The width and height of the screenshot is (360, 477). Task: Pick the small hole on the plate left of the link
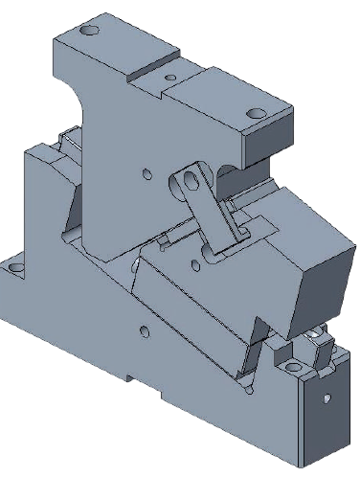(146, 173)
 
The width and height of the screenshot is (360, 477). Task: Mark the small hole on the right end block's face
(326, 396)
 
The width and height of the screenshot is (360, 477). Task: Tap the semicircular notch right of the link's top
(228, 171)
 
